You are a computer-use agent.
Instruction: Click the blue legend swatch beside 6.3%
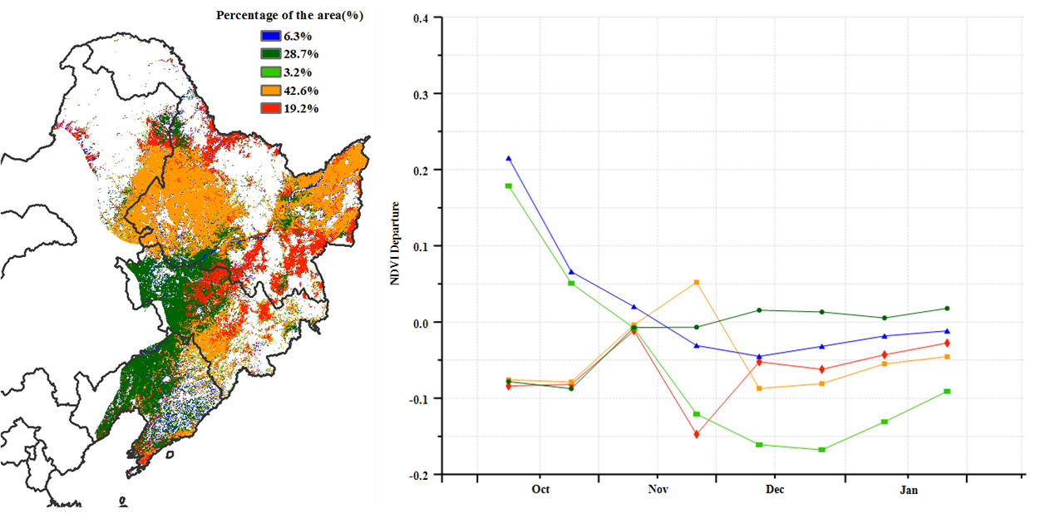[x=270, y=37]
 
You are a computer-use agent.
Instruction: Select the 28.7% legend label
[x=301, y=54]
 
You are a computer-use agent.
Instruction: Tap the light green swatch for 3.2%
[x=270, y=72]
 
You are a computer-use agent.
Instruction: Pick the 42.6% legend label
[x=301, y=91]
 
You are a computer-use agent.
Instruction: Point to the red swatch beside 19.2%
[x=270, y=108]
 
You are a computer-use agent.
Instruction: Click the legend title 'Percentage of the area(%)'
[x=290, y=16]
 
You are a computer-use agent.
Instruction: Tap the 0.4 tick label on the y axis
[x=421, y=17]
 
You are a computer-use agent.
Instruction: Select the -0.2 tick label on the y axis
[x=419, y=475]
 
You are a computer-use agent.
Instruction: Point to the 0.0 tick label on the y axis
[x=421, y=323]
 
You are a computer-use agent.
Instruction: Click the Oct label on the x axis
[x=540, y=490]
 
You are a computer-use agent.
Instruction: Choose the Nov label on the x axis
[x=658, y=490]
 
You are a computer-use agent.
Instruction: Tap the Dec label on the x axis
[x=775, y=490]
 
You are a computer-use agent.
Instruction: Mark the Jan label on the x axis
[x=909, y=490]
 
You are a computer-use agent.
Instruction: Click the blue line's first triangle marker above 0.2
[x=509, y=158]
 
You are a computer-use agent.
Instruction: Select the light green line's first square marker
[x=509, y=185]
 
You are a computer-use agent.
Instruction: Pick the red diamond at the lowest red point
[x=697, y=434]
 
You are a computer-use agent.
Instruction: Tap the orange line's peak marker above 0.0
[x=697, y=282]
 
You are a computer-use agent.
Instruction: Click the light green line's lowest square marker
[x=822, y=450]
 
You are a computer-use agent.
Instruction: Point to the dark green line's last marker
[x=947, y=309]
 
